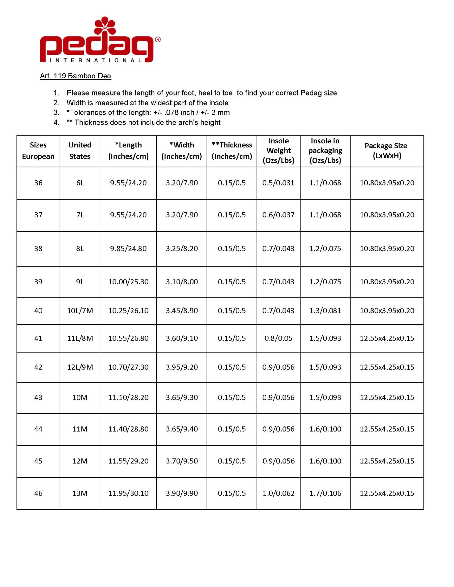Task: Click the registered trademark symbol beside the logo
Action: (158, 40)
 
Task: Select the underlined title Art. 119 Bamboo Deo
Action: (75, 76)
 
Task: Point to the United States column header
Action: (80, 151)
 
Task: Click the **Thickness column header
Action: (232, 151)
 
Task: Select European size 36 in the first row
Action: (38, 183)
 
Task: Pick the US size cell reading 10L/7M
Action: (80, 311)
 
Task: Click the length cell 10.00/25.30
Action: (128, 282)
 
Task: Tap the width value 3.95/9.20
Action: (182, 367)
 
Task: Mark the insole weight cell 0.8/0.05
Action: (278, 338)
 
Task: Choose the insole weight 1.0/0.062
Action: (278, 493)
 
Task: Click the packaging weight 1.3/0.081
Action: (325, 311)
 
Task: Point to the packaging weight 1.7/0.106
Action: (325, 493)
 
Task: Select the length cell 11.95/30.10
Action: (128, 493)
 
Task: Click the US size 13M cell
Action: (80, 493)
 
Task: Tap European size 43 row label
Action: (38, 397)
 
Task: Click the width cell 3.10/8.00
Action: (182, 282)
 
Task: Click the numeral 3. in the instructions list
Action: (56, 113)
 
